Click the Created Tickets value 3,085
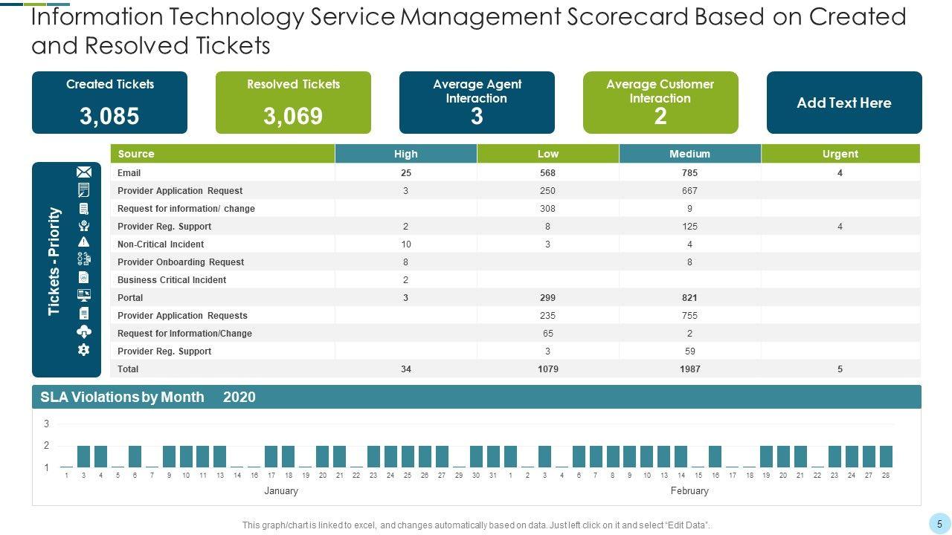pos(109,116)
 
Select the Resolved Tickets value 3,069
pos(293,116)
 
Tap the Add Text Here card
pos(843,103)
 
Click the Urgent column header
pos(840,154)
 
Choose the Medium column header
pos(689,154)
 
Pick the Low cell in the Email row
pos(548,173)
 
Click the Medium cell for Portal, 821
pos(689,298)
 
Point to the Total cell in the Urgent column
pos(840,369)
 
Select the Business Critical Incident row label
pos(172,280)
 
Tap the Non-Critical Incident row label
pos(161,244)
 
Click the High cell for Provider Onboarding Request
pos(406,262)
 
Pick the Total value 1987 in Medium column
pos(689,369)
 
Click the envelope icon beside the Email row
pos(84,172)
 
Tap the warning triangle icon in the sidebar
pos(83,241)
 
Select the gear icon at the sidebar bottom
pos(83,349)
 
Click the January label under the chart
pos(281,491)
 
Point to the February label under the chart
pos(689,491)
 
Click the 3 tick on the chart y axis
pos(46,424)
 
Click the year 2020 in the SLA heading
pos(239,398)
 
